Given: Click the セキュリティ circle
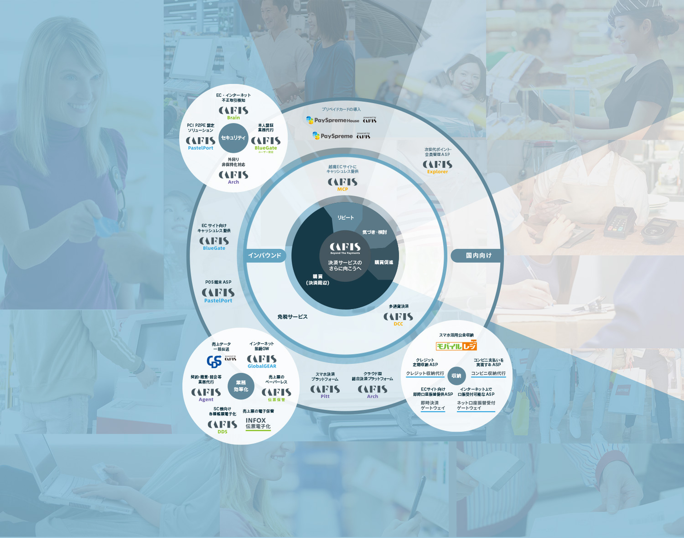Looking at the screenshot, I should point(233,138).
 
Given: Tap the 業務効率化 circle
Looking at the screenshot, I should point(241,386).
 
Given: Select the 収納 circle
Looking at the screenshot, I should point(456,376).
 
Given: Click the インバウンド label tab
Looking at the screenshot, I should point(265,255).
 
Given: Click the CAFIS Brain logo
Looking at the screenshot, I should point(233,113).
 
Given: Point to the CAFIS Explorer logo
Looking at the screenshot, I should point(437,167).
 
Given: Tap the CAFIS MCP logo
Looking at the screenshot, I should point(342,184).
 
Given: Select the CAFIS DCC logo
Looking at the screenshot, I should point(398,319).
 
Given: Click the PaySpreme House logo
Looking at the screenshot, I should point(333,120).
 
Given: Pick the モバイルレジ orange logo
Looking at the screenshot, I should point(456,346).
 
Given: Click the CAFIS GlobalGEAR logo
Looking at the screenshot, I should point(262,361).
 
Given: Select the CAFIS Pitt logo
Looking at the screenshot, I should point(325,391).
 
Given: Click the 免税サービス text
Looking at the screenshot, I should point(293,317).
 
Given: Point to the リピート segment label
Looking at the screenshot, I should point(345,217).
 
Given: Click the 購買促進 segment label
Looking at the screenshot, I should point(384,262).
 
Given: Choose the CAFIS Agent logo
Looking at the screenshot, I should point(206,394).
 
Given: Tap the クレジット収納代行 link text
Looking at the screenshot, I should point(425,374).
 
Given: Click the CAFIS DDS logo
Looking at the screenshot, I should point(222,426).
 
